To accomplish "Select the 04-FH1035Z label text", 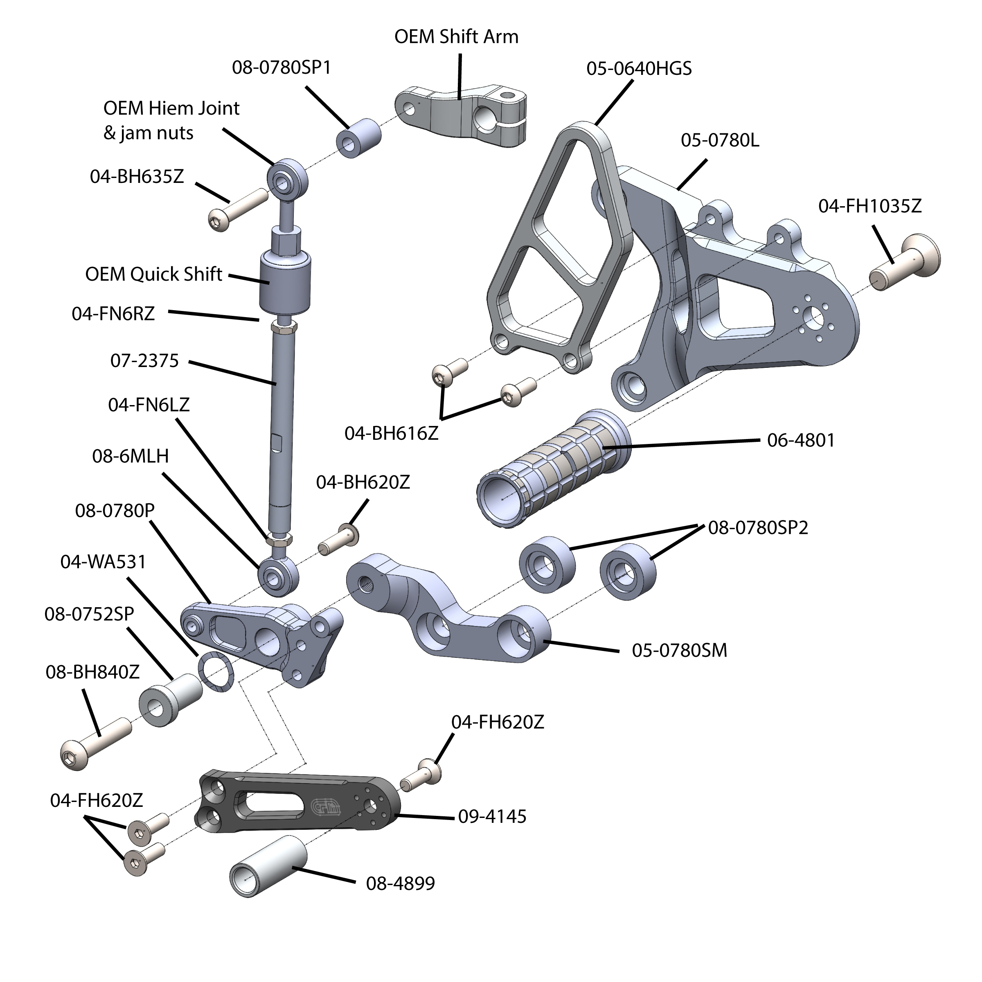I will point(869,206).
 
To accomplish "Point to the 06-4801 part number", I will point(801,440).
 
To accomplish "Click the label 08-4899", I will point(400,883).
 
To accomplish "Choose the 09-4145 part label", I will point(492,816).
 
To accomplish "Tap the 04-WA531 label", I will point(103,562).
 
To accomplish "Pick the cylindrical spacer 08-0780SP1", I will point(358,138).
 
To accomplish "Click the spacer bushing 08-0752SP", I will point(170,699).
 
